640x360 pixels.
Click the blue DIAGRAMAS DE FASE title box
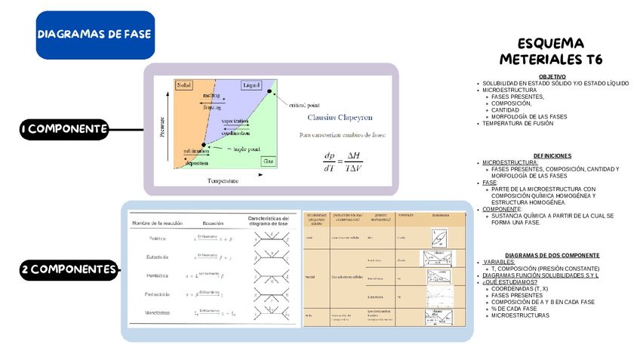95,35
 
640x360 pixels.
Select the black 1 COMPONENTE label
63,130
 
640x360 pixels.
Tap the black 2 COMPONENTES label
69,269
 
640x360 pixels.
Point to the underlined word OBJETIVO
552,76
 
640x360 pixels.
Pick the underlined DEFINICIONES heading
552,155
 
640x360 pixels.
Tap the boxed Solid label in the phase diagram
184,85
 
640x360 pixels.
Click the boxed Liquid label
251,85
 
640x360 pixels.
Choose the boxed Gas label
268,161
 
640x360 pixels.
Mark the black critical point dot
269,92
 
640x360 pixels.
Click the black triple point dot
203,144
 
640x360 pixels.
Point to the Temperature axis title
223,180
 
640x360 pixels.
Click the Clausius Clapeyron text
340,117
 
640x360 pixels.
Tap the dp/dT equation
342,162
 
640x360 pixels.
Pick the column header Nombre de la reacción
159,223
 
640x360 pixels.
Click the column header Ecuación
213,223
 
